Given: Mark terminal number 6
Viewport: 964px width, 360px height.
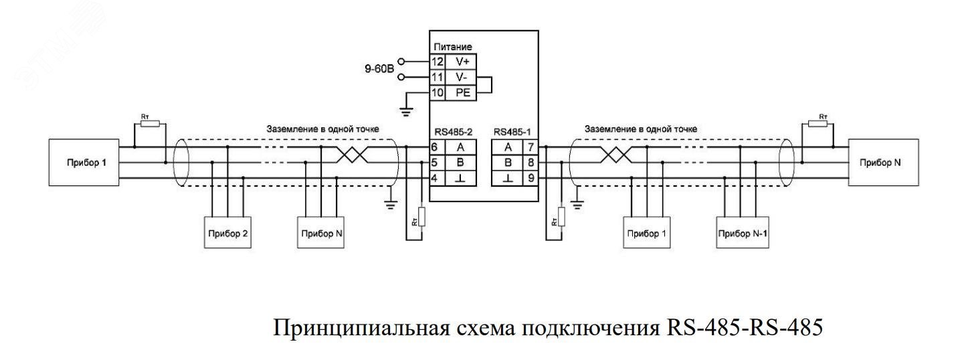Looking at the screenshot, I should click(435, 147).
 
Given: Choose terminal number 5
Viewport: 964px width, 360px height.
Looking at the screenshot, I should click(435, 162).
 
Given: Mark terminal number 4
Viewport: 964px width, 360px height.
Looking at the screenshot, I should click(435, 177).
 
